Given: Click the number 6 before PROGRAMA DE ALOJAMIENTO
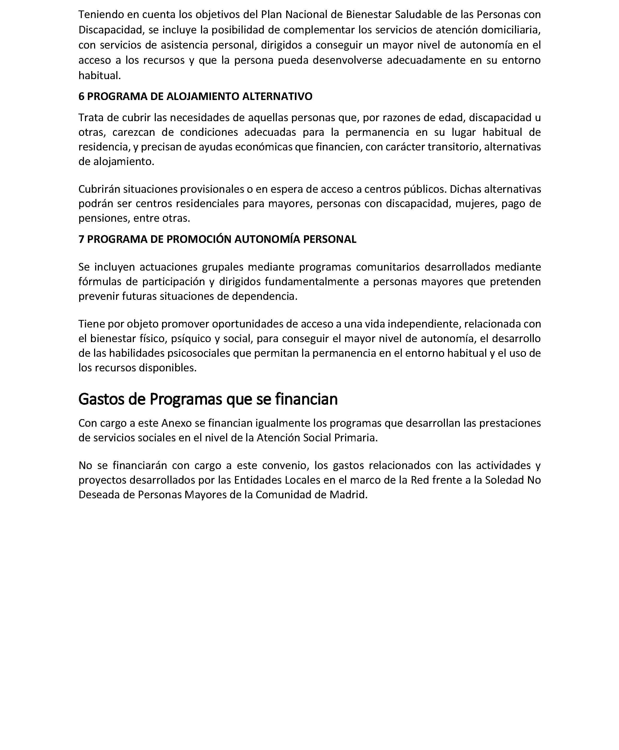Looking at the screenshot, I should pyautogui.click(x=81, y=97).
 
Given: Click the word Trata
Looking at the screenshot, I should pyautogui.click(x=90, y=118).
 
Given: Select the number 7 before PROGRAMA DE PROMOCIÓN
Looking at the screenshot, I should pyautogui.click(x=81, y=239).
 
